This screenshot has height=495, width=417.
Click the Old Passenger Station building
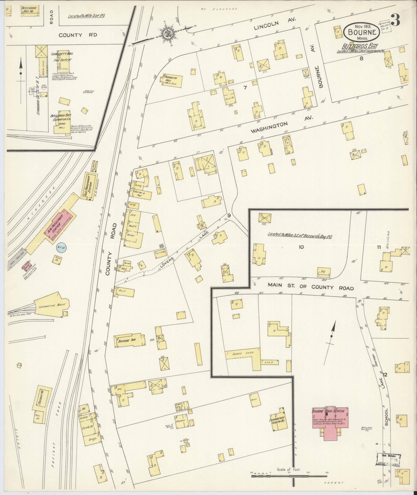[x=89, y=186]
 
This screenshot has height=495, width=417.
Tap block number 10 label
[x=301, y=247]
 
